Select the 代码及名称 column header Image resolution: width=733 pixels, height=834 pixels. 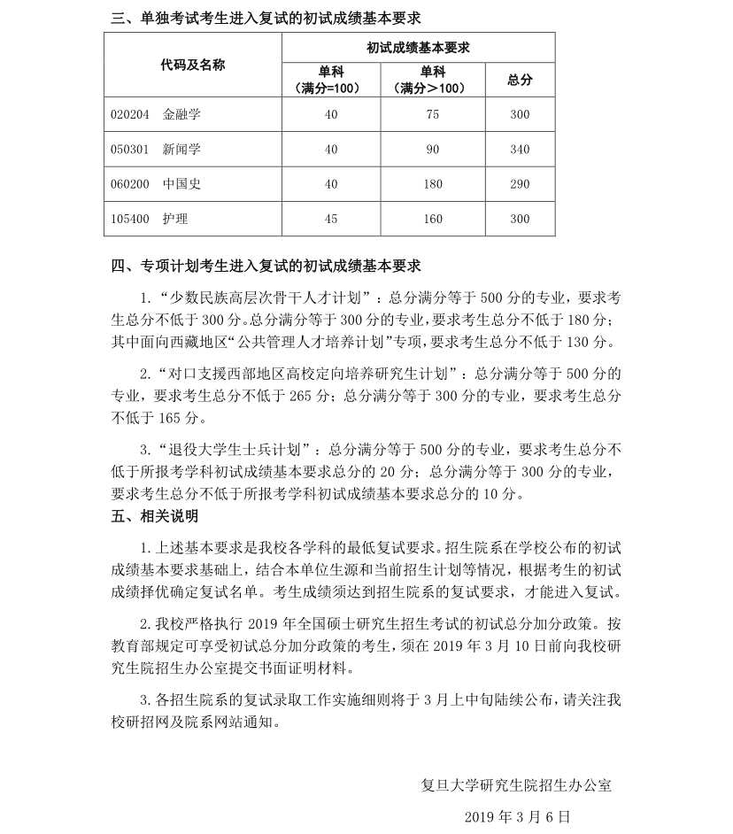point(193,65)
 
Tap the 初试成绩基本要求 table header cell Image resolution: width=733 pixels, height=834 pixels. point(418,48)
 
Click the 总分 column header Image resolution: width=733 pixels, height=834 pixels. point(520,80)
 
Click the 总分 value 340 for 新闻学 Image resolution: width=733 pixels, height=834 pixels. point(520,150)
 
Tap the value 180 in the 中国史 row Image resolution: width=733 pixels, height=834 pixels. point(433,184)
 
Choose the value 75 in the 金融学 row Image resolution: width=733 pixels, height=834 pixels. point(433,115)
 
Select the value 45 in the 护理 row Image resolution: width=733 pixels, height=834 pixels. point(331,219)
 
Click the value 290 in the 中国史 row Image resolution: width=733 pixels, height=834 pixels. point(520,184)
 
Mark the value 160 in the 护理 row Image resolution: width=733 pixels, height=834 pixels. point(433,219)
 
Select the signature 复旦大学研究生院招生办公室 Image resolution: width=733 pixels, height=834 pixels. point(516,784)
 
